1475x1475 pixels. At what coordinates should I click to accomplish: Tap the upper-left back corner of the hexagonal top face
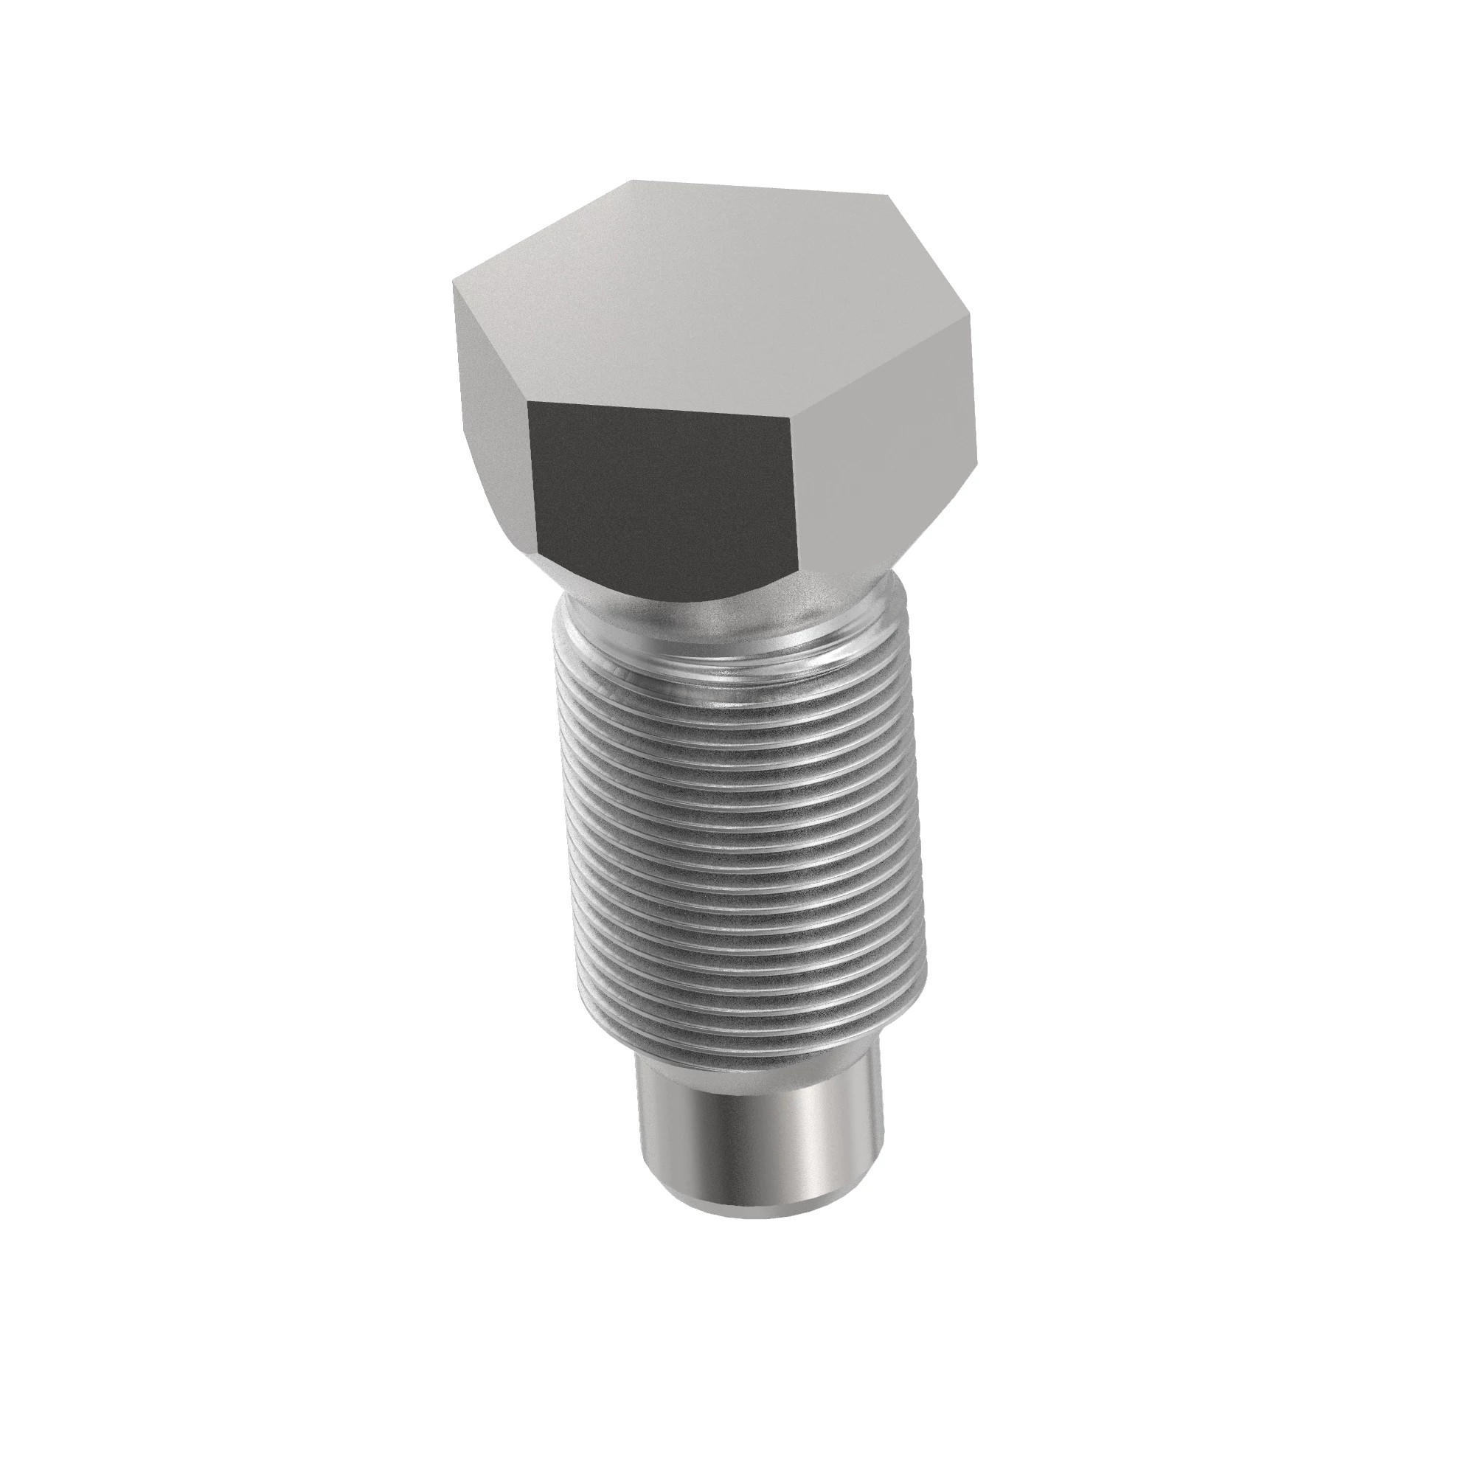tap(631, 181)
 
